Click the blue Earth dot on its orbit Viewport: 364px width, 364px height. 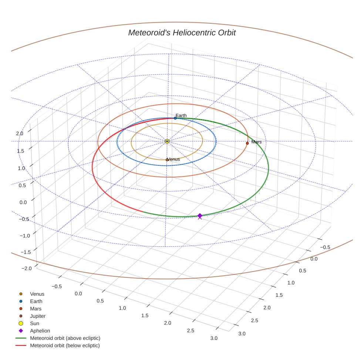(175, 118)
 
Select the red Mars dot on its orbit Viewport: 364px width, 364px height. (247, 143)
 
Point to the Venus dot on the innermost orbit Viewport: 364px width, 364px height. (167, 160)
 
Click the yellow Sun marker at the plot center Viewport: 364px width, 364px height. (167, 141)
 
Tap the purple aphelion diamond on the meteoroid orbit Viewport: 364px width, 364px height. (200, 216)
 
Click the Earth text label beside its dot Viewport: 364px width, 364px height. (181, 115)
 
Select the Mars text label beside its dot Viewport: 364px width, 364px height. (256, 142)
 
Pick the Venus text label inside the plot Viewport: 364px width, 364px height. (174, 159)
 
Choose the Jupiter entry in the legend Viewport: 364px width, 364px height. (38, 316)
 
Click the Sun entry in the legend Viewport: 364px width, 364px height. (34, 323)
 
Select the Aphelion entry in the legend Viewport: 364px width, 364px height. (40, 331)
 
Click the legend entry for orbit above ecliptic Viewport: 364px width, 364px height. (65, 338)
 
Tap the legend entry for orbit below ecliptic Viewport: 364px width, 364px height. (65, 346)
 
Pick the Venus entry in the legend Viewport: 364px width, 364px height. (37, 294)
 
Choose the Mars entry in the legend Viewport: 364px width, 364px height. (36, 309)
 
